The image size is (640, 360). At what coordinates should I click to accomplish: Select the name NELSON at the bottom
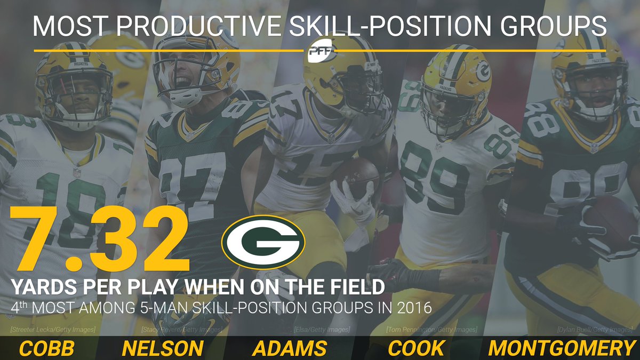tap(163, 348)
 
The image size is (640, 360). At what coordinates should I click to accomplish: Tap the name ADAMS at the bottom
tap(290, 348)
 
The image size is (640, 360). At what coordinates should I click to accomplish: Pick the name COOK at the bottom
tap(415, 348)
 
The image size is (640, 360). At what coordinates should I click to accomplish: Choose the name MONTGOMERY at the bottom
tap(562, 348)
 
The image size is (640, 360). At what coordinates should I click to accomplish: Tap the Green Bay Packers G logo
tap(263, 242)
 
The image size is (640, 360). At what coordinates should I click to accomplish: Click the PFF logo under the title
tap(319, 51)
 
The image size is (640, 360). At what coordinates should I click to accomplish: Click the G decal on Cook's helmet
tap(483, 71)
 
